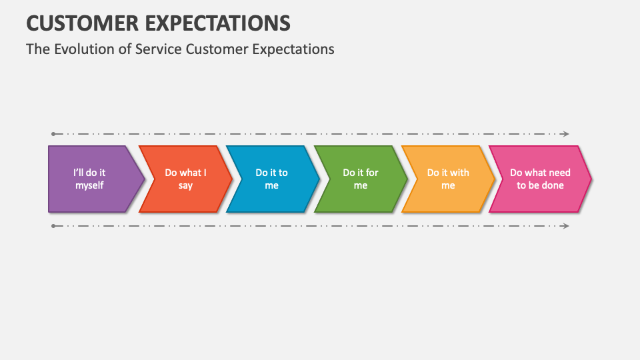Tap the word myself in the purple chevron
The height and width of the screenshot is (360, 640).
coord(89,185)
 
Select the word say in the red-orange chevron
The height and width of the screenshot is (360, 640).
coord(185,185)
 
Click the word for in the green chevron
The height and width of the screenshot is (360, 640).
coord(372,173)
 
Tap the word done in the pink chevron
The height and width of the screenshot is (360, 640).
coord(553,185)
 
